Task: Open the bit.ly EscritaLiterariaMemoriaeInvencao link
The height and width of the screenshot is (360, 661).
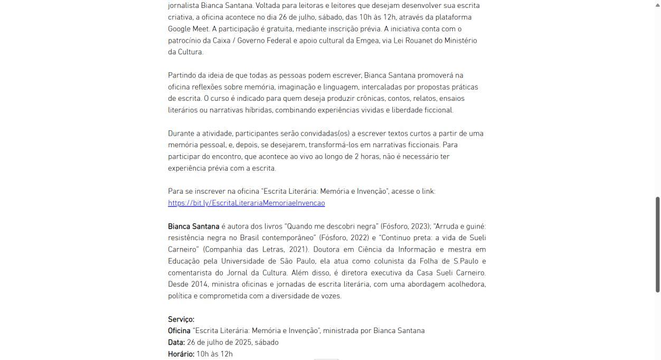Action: pyautogui.click(x=246, y=203)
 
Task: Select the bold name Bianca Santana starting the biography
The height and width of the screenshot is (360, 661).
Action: pyautogui.click(x=193, y=226)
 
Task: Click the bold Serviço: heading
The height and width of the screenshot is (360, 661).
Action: pyautogui.click(x=181, y=319)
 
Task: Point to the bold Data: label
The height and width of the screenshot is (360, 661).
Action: pyautogui.click(x=176, y=343)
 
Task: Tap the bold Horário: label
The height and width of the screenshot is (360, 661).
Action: pyautogui.click(x=181, y=354)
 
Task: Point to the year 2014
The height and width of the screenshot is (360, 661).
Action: pyautogui.click(x=199, y=285)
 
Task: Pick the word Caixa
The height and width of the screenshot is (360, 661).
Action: pyautogui.click(x=222, y=41)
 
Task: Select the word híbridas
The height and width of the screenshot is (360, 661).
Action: pyautogui.click(x=258, y=110)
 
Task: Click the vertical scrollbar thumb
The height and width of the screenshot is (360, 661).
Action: pyautogui.click(x=657, y=244)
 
